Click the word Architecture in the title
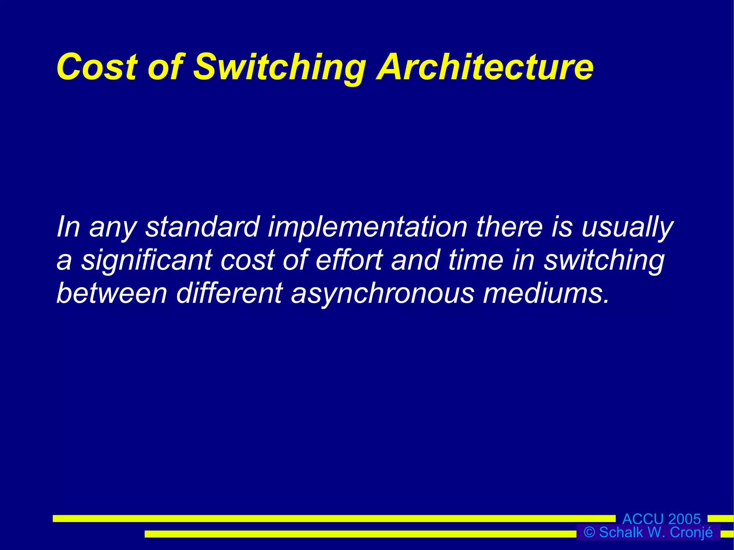[x=485, y=67]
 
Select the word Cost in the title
[x=97, y=67]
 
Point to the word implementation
[x=367, y=228]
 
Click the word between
[x=112, y=293]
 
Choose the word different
[x=229, y=293]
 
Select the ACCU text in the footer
[x=643, y=519]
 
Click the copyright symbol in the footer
[x=589, y=532]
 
